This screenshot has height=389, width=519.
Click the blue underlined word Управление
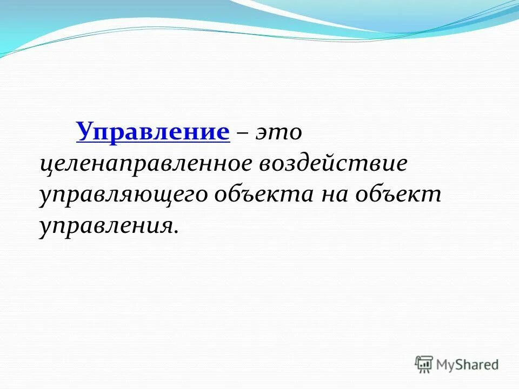tap(153, 131)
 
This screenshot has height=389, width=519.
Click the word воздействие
tap(333, 163)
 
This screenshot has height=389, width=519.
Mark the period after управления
tap(176, 231)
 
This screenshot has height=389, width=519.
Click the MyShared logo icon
tap(424, 364)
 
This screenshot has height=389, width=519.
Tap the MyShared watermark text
tap(467, 365)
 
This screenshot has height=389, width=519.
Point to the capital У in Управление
tap(84, 131)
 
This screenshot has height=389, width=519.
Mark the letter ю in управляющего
tap(138, 195)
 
